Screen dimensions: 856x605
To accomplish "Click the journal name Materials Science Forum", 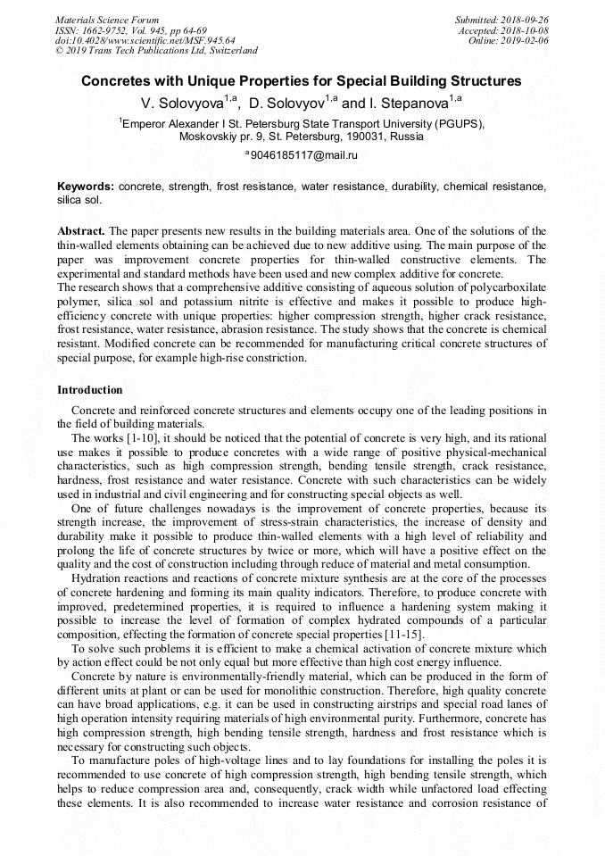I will tap(107, 20).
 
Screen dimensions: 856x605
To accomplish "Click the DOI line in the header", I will tap(145, 40).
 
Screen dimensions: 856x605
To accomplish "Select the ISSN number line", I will tap(130, 29).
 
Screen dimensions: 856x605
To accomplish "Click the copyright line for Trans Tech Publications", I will tap(156, 51).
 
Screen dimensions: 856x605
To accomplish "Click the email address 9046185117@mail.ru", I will tap(303, 155).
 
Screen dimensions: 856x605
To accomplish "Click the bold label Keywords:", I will tap(86, 187).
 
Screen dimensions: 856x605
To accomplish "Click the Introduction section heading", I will tap(90, 390).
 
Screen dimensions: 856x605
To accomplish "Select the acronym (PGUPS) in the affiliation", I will tap(458, 124).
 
